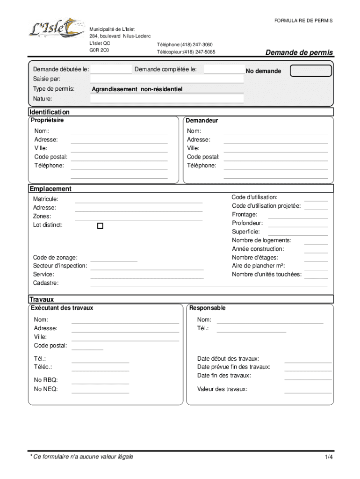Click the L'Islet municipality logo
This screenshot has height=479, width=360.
click(x=55, y=29)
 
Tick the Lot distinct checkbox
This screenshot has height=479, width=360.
click(x=100, y=226)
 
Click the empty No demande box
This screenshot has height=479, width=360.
click(x=310, y=71)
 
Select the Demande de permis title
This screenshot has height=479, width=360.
click(x=299, y=52)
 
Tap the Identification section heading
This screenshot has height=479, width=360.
click(x=49, y=112)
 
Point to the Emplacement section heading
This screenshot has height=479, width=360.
click(x=50, y=189)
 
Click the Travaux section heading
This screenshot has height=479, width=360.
click(x=42, y=299)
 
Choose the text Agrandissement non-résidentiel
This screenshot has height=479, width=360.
click(x=137, y=89)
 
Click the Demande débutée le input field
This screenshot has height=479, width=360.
click(x=111, y=70)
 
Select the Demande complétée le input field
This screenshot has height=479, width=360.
click(x=224, y=70)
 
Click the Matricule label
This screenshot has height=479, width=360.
click(x=45, y=199)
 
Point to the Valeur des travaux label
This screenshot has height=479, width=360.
click(x=222, y=389)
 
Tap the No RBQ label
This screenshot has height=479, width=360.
click(x=46, y=380)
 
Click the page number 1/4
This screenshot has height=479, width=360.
click(x=329, y=457)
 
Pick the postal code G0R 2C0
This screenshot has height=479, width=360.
click(x=99, y=51)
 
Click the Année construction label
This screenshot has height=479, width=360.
click(x=258, y=249)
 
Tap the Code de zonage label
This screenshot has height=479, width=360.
click(x=55, y=257)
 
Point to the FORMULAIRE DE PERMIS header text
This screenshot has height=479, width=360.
click(x=303, y=21)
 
